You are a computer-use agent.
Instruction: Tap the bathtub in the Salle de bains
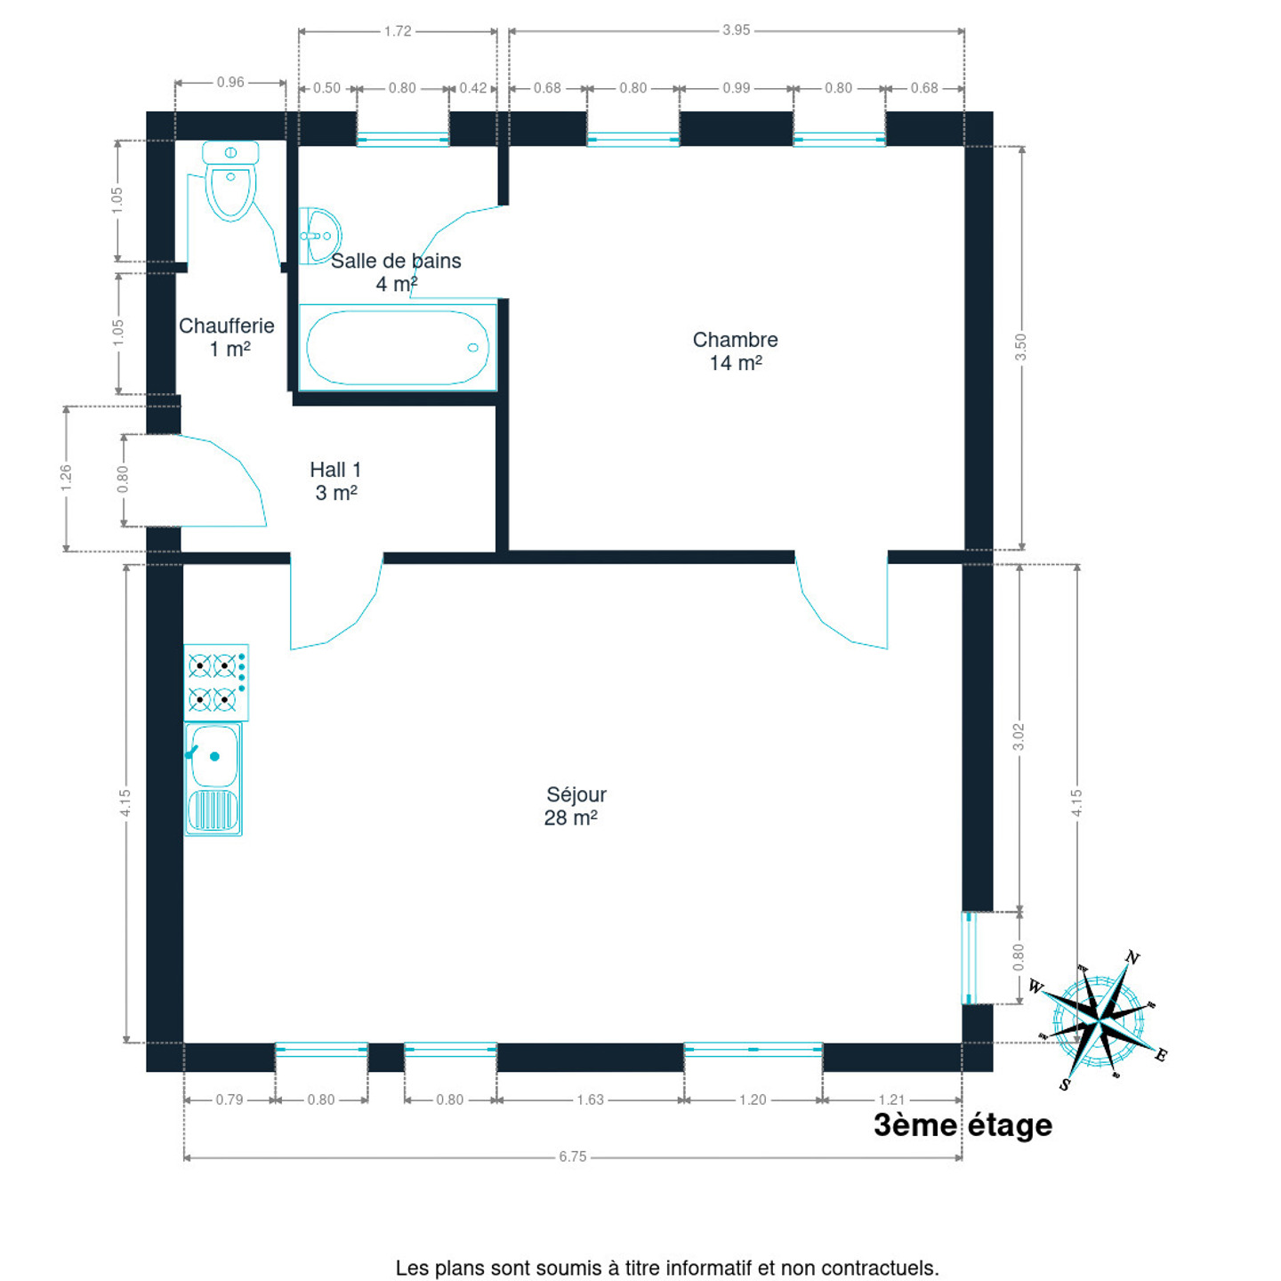(x=397, y=347)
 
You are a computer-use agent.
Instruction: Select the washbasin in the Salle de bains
(x=318, y=236)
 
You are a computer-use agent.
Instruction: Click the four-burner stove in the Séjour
(x=215, y=682)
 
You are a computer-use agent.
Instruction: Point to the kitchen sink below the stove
(x=213, y=779)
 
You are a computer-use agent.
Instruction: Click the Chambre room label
(x=735, y=351)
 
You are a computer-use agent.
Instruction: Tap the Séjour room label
(x=575, y=806)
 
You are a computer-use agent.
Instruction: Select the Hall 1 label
(x=335, y=481)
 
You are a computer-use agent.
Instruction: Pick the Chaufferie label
(x=227, y=337)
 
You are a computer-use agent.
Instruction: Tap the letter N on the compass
(x=1132, y=958)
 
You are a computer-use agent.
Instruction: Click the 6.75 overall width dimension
(x=573, y=1157)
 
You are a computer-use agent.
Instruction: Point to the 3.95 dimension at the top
(x=736, y=30)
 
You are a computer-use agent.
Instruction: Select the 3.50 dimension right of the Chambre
(x=1021, y=347)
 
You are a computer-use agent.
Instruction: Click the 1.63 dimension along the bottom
(x=590, y=1100)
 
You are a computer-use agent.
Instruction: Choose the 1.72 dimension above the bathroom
(x=398, y=31)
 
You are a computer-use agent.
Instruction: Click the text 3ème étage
(x=963, y=1125)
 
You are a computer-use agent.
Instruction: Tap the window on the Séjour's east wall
(x=969, y=958)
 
